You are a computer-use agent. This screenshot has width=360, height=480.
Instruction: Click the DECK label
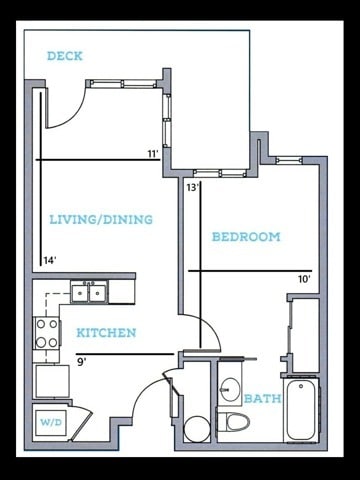point(65,56)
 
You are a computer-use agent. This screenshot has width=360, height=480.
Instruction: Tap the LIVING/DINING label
point(101,219)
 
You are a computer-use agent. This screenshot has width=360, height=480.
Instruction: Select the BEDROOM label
point(246,237)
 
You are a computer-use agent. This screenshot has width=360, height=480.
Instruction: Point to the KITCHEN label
point(106,333)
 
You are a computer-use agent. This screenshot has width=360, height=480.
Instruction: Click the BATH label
point(263,398)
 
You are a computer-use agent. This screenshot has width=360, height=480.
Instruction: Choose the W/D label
point(51,422)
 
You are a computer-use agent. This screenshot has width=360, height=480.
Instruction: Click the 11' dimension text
point(153,154)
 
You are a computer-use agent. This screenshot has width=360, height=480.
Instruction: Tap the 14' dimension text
point(50,260)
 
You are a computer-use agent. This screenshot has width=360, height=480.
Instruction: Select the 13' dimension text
point(193,188)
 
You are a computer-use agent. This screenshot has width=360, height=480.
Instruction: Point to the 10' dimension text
point(304,279)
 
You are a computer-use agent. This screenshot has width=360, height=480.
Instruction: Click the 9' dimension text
point(82,362)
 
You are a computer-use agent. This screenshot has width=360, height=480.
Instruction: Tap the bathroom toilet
point(233,421)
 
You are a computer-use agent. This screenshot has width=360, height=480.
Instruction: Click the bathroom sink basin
point(230,389)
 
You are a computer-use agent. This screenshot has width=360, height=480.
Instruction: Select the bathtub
point(301,411)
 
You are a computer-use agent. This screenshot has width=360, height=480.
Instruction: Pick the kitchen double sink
point(89,292)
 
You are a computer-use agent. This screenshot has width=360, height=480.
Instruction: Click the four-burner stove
point(47,333)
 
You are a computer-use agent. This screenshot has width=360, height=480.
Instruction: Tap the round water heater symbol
point(197,429)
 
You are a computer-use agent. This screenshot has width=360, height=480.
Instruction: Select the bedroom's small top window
point(289,161)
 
